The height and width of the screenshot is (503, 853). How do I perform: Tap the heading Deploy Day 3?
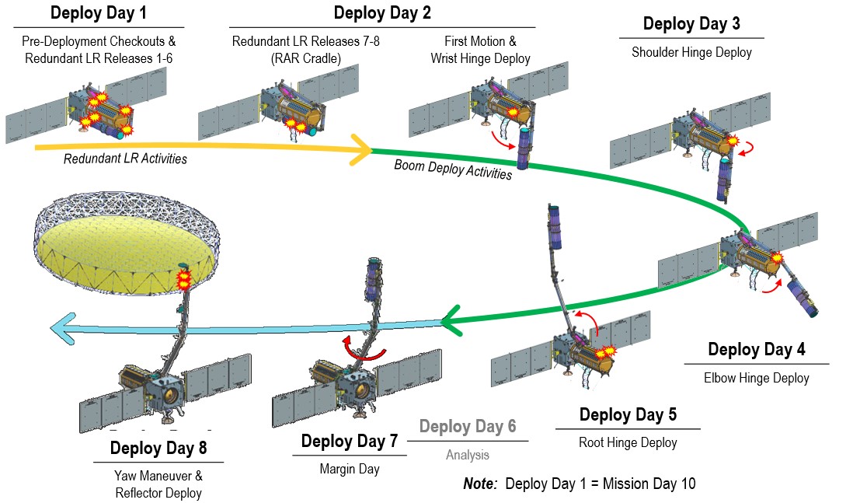[x=691, y=24]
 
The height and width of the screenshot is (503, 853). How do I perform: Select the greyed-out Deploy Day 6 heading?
[x=467, y=427]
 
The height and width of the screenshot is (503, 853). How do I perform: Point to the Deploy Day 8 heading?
[x=158, y=449]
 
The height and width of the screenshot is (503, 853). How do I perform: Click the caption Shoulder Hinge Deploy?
[x=691, y=53]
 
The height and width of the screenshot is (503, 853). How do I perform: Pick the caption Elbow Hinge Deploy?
[x=756, y=379]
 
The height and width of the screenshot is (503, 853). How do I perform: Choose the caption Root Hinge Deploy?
[x=628, y=443]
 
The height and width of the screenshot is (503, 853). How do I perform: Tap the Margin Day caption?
[x=349, y=470]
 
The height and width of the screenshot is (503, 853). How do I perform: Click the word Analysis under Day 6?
[x=467, y=456]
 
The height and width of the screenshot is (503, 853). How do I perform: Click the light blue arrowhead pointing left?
[x=64, y=329]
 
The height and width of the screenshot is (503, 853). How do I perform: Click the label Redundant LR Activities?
[x=126, y=159]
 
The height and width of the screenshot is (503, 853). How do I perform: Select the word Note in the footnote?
[x=479, y=484]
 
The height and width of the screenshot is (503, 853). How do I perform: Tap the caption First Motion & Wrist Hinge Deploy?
[x=482, y=50]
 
